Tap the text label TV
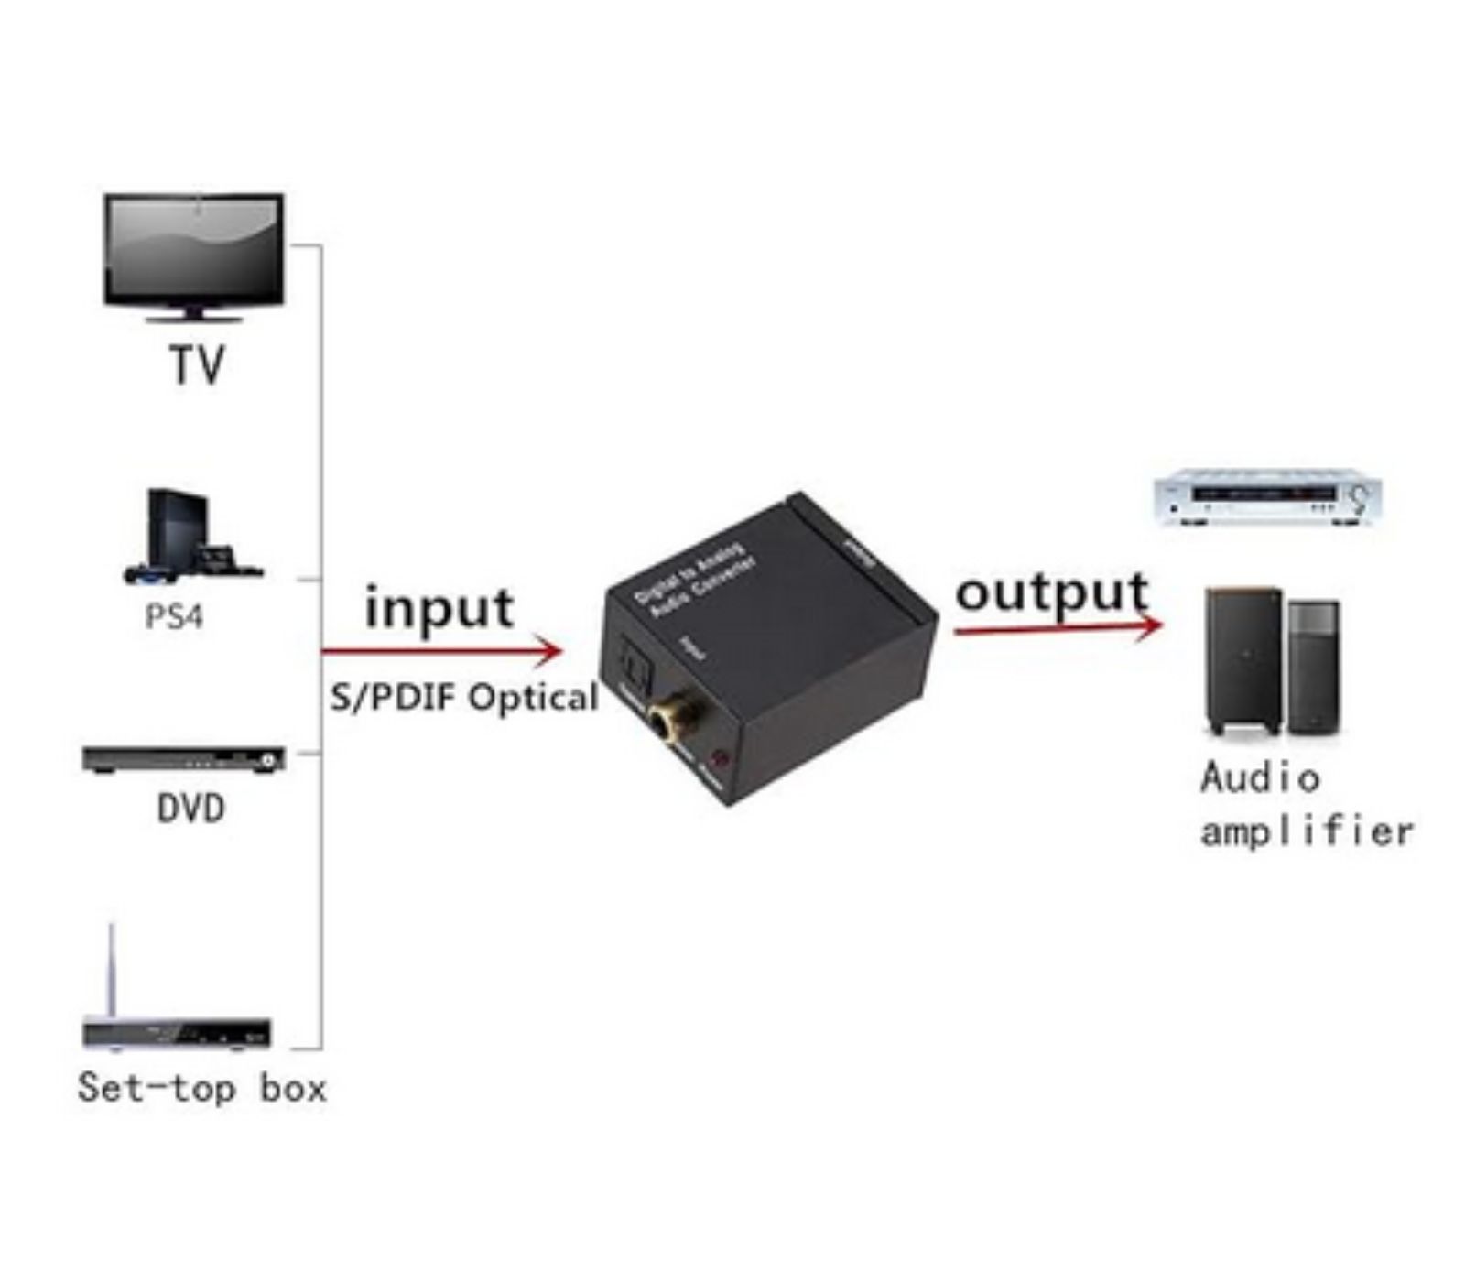197,365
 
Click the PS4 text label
174,616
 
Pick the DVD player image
184,759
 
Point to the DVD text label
190,809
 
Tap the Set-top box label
202,1088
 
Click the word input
439,606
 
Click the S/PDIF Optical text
464,699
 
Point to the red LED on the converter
722,759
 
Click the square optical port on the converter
634,663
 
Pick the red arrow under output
1057,628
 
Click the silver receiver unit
1265,497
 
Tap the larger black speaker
1243,660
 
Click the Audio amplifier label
1306,804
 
